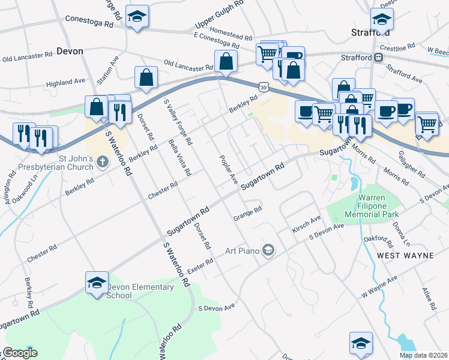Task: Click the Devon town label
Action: click(70, 51)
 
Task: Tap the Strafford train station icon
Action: click(379, 58)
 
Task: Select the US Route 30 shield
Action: click(264, 88)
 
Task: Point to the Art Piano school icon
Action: click(268, 250)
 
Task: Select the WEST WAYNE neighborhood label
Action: click(405, 256)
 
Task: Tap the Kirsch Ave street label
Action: click(307, 223)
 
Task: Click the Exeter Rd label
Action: click(200, 266)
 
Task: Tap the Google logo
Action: click(20, 353)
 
